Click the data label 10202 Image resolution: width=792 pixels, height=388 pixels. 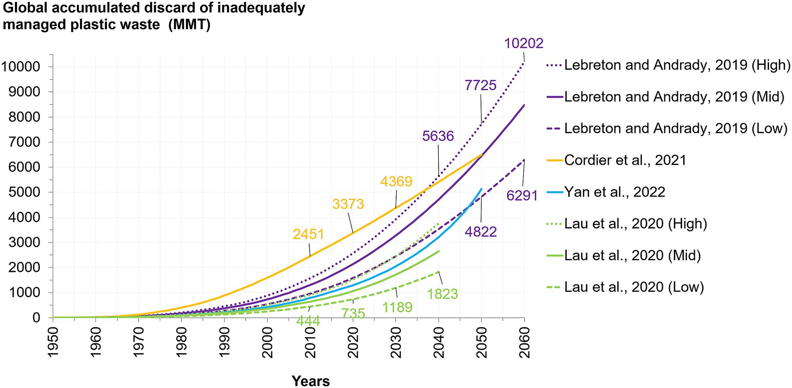[x=524, y=43]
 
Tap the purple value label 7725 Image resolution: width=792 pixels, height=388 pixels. [x=480, y=85]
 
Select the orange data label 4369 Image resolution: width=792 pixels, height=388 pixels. [x=396, y=181]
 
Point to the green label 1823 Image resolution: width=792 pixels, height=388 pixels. [x=442, y=294]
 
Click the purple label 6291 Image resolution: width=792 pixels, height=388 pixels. [x=522, y=196]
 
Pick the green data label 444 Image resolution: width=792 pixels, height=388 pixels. [x=308, y=321]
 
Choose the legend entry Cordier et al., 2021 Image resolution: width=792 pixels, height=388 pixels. [x=625, y=160]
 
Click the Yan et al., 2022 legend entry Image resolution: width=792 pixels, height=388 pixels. [x=615, y=192]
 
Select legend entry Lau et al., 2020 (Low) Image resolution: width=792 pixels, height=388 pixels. [x=634, y=287]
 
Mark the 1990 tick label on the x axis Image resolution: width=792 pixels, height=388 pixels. [x=224, y=342]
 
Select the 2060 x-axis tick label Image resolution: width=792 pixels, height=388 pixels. [x=524, y=342]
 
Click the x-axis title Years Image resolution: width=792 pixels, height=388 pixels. [x=310, y=381]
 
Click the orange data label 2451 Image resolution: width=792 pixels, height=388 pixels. [x=308, y=235]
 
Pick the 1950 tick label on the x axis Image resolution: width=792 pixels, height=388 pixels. [x=53, y=342]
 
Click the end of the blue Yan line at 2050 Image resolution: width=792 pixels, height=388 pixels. [x=481, y=189]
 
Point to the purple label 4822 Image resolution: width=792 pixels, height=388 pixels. [x=481, y=232]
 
